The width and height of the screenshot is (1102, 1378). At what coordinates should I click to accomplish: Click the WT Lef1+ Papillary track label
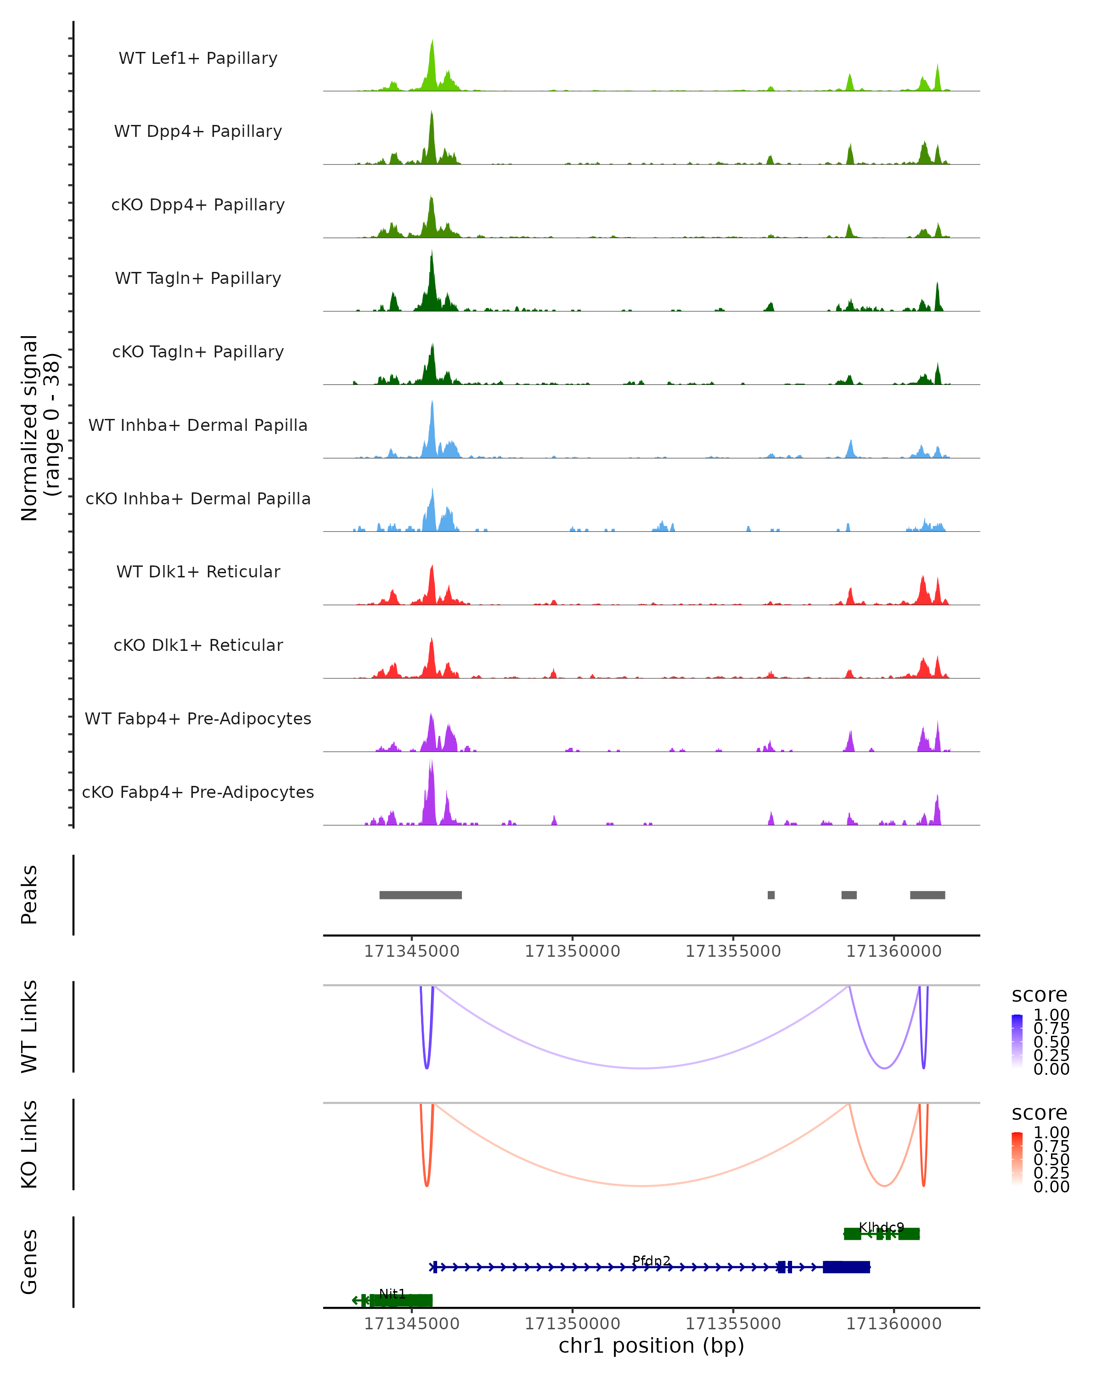[198, 58]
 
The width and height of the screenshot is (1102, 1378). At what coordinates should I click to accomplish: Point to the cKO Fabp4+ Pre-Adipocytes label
[198, 792]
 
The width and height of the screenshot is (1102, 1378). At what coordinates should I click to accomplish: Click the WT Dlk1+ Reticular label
[198, 571]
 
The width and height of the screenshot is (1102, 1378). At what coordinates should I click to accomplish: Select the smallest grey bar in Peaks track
[771, 895]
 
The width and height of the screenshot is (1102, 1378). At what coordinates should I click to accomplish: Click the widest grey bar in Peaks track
[420, 895]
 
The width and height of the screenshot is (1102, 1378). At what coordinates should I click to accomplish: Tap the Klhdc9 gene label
[881, 1227]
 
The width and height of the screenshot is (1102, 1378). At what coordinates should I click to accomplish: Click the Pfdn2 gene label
[651, 1260]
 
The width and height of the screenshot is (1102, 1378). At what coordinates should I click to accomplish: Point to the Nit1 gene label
[392, 1293]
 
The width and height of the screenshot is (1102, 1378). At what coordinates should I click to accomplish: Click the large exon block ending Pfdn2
[846, 1267]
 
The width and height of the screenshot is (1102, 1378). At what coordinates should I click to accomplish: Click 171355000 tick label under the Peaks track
[733, 951]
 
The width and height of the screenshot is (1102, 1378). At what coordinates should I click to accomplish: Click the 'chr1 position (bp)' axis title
[651, 1346]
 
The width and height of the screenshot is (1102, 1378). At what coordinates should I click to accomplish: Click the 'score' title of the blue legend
[1040, 994]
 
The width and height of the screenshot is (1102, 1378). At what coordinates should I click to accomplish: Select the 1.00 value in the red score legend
[1051, 1133]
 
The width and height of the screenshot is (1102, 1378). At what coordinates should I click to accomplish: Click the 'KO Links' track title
[29, 1144]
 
